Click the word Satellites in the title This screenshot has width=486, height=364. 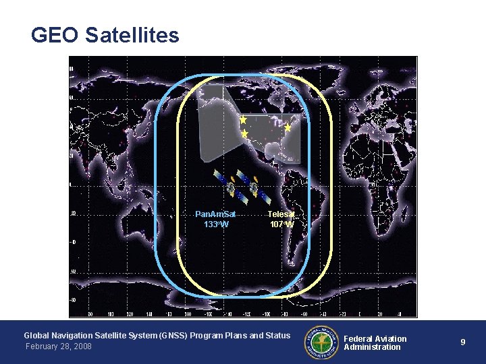coord(132,35)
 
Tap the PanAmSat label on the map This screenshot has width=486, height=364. coord(215,214)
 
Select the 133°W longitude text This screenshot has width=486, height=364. coord(216,224)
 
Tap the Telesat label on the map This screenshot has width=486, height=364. coord(281,214)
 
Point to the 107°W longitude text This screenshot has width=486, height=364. coord(281,224)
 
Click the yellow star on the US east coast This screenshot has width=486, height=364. coord(288,127)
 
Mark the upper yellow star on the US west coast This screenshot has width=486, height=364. coord(243,119)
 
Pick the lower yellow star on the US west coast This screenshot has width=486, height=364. coord(245,135)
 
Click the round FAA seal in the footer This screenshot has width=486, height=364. coord(322,341)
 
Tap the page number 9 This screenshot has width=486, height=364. coord(463,342)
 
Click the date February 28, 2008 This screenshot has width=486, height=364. coord(58,346)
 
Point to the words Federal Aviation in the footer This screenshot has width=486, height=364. coord(375,338)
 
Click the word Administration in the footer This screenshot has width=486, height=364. coord(372,347)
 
